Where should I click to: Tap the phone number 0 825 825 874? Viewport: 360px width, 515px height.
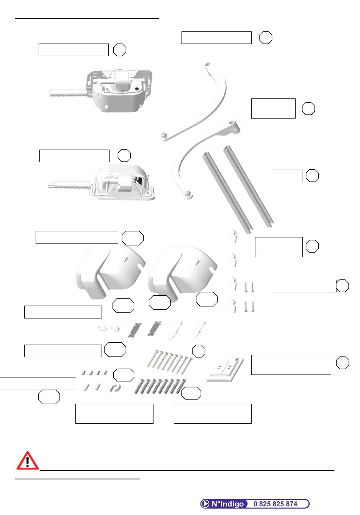275,504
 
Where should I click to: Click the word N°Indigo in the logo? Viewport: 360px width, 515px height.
227,504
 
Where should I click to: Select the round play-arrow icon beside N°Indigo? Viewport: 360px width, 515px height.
205,504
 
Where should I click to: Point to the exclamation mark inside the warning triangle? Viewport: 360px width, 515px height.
27,462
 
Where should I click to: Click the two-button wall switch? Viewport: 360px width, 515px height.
225,370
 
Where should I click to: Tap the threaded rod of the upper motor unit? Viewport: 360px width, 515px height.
69,93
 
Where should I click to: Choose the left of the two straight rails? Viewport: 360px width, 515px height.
227,193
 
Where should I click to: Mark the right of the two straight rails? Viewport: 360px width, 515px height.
249,186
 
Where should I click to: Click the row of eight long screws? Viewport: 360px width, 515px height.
169,362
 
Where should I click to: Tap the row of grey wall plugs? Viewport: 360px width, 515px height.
160,386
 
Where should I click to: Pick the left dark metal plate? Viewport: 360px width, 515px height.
135,330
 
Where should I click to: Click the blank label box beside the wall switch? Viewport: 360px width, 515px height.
291,365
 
